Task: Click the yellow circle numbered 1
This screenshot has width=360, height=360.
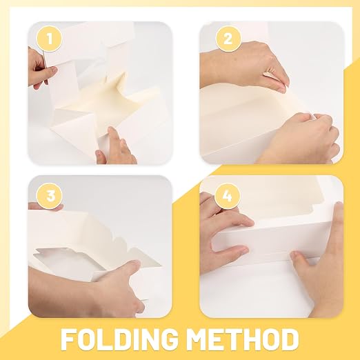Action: tap(50, 39)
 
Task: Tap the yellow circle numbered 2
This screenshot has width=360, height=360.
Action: tap(228, 39)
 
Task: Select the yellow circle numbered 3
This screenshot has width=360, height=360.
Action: tap(50, 196)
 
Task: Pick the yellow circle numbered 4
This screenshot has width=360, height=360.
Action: tap(228, 196)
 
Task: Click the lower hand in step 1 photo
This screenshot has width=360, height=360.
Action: tap(115, 147)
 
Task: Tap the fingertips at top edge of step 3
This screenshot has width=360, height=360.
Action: tap(46, 206)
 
